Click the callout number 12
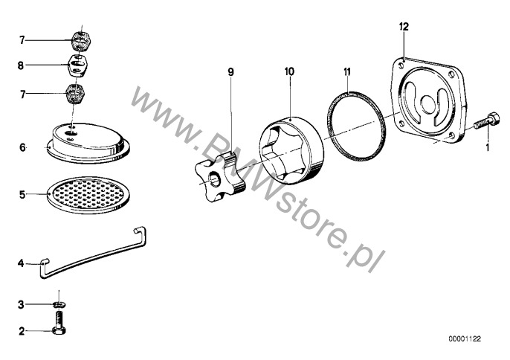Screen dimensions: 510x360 (x=404, y=27)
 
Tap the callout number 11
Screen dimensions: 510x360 (x=347, y=71)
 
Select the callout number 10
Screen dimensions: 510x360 (x=289, y=71)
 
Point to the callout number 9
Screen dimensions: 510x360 (x=230, y=72)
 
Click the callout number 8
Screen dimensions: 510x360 (x=21, y=65)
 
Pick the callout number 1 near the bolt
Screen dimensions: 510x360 (x=487, y=148)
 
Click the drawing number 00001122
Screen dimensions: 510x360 (x=465, y=339)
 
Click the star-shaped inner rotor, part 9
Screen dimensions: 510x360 (x=220, y=178)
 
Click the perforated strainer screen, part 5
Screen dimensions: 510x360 (x=88, y=196)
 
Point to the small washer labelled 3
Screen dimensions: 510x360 (x=59, y=304)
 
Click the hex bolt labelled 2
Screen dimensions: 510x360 (x=59, y=323)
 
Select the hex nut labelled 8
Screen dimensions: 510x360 (x=78, y=65)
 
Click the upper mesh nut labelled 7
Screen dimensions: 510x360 (x=81, y=40)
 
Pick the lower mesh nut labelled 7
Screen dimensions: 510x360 (x=75, y=94)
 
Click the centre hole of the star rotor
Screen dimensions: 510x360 (x=214, y=179)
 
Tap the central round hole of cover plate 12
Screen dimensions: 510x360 (x=428, y=102)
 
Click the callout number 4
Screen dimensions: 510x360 (x=21, y=263)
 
